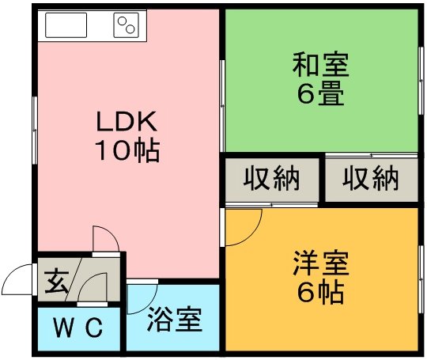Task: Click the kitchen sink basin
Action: [66, 25]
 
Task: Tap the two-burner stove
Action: [126, 25]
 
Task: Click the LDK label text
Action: [127, 122]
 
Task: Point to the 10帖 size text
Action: [127, 150]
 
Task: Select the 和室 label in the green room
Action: [321, 65]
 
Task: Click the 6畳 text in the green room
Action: [321, 93]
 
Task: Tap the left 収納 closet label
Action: [271, 179]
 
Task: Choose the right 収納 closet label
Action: [371, 179]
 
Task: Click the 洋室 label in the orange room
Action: [321, 263]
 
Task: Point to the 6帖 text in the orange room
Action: [321, 293]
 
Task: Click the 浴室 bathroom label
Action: [175, 319]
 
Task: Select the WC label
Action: [78, 328]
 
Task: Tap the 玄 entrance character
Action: [56, 281]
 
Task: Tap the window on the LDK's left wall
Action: [35, 131]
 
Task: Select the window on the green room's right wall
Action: [421, 81]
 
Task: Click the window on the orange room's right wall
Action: [421, 279]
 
